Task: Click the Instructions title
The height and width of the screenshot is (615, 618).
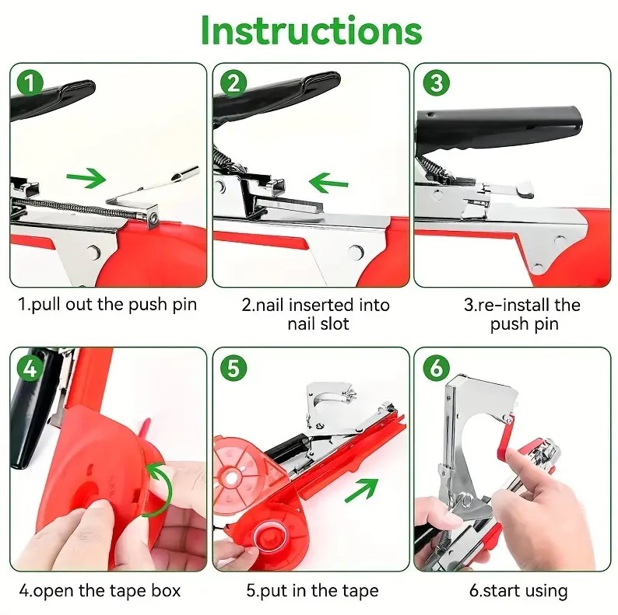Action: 311,31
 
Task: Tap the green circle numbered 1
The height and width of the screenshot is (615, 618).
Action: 30,83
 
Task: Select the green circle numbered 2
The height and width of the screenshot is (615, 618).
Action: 234,83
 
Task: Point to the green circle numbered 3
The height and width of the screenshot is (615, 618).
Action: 436,83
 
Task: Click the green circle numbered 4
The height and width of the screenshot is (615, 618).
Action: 30,369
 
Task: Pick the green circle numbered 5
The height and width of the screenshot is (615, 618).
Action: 234,369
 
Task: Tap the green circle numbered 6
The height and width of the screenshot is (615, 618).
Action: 436,369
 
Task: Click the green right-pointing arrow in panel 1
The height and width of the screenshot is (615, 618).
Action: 86,178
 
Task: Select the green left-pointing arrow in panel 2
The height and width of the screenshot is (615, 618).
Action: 328,183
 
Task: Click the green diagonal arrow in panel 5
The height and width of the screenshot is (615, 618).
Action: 361,490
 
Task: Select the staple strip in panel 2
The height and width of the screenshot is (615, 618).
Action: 289,204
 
